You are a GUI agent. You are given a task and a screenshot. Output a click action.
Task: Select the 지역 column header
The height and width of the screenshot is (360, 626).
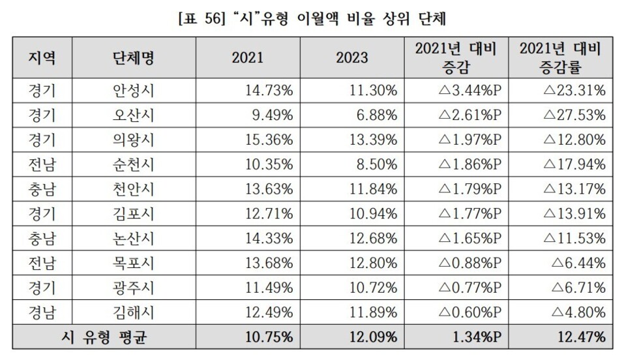42,57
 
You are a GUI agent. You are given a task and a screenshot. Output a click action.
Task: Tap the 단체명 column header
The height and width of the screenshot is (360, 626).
133,57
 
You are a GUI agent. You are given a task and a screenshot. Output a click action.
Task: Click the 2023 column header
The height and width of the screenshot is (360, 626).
352,57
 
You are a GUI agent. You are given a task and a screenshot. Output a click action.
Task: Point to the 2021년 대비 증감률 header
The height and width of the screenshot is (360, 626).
560,57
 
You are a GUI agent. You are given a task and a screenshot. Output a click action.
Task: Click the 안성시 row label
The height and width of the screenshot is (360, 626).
133,91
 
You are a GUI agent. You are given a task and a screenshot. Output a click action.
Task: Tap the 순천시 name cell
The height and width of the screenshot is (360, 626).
133,164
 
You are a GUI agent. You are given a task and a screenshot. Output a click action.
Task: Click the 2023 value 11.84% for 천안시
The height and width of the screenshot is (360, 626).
371,189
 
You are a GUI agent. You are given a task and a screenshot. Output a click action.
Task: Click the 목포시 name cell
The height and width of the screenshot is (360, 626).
133,263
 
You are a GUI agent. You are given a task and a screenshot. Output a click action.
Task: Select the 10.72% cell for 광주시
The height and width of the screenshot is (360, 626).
371,288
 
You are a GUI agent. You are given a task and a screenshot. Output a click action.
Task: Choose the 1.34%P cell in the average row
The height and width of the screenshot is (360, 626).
475,337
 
